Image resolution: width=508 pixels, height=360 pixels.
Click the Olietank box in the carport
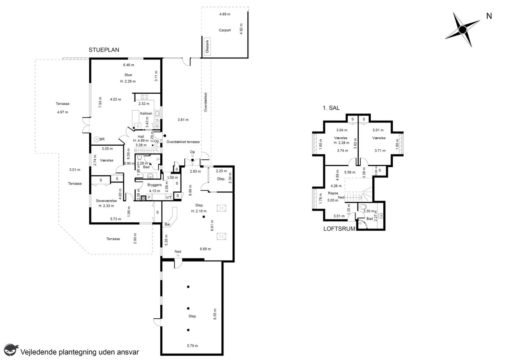point(207,46)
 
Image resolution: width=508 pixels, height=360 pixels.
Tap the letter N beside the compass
point(489,16)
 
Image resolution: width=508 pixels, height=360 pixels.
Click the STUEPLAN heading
point(104,50)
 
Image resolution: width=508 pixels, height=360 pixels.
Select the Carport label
point(225,30)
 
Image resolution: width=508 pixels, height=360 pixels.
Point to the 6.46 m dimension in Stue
point(129,65)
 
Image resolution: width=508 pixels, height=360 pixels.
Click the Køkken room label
point(146,114)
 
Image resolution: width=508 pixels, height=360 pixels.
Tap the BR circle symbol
point(96,139)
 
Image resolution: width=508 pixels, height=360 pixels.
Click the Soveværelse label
point(106,201)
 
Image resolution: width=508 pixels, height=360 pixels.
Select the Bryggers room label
point(154,185)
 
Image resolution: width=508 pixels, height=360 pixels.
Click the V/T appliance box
point(169,197)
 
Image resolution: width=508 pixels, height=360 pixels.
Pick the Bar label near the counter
point(167,224)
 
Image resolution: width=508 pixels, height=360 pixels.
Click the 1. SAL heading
point(331,108)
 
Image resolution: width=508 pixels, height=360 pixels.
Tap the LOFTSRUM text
point(339,229)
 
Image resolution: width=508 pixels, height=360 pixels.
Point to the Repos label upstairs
point(333,193)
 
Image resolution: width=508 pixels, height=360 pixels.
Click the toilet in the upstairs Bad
point(363,206)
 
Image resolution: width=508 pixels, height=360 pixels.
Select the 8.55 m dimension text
point(215,314)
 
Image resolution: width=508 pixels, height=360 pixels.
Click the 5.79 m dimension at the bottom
point(192,346)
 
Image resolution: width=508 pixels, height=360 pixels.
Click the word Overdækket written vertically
point(206,102)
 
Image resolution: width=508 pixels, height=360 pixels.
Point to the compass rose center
point(462,30)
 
